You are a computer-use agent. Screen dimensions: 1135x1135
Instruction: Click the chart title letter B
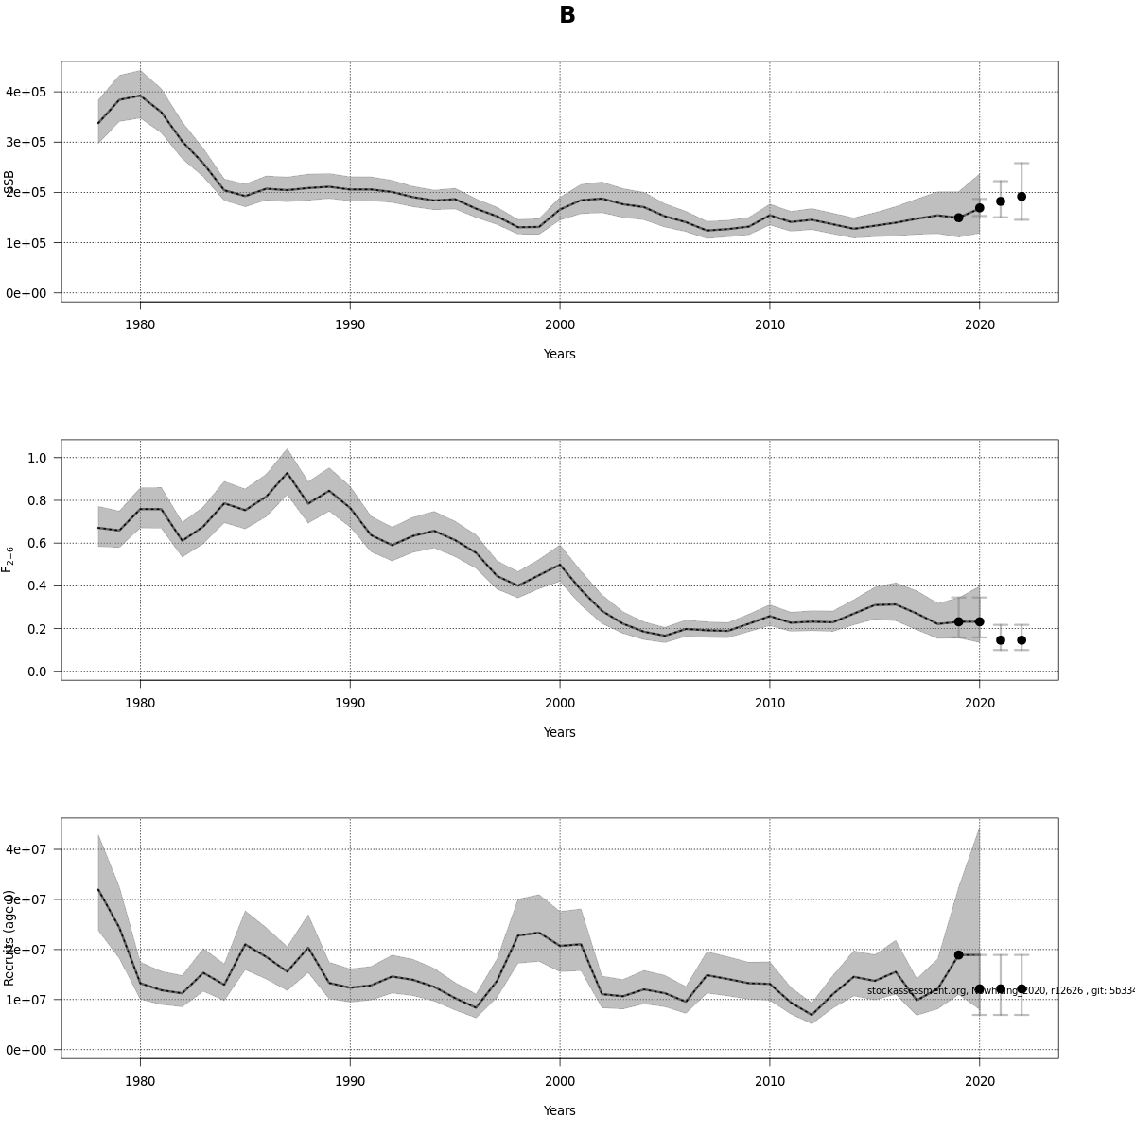point(567,15)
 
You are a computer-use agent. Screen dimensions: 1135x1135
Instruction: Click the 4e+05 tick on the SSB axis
point(26,92)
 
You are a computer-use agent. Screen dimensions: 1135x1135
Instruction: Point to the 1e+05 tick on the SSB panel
point(26,243)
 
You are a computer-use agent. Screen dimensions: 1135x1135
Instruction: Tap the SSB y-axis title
point(9,183)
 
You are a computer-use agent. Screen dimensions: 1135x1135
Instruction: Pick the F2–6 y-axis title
point(9,559)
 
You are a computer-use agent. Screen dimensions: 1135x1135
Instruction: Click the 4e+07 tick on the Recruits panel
point(26,849)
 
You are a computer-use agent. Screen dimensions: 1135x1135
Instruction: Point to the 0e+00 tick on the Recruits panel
point(26,1050)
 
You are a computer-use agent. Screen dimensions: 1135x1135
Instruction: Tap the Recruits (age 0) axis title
point(9,937)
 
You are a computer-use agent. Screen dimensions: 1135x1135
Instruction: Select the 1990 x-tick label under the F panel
point(350,704)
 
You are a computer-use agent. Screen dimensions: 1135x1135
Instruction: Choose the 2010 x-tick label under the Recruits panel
point(770,1082)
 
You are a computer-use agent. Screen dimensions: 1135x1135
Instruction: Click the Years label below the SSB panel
point(560,354)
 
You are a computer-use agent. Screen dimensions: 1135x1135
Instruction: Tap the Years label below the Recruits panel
point(560,1110)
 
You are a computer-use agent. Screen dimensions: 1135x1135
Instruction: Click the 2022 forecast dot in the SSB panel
point(1021,197)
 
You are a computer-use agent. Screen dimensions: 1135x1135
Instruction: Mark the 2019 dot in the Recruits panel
point(958,955)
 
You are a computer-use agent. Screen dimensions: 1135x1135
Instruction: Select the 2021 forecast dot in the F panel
point(1001,640)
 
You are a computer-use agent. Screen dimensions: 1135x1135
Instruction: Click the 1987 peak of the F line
point(287,474)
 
